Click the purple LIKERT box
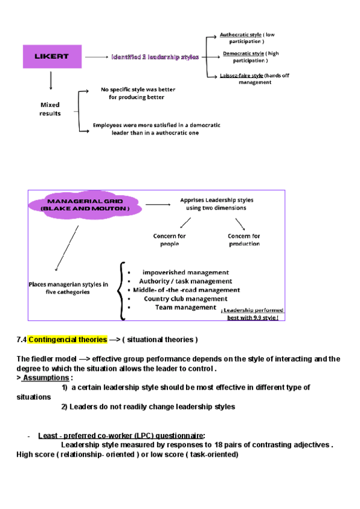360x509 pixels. tap(51, 56)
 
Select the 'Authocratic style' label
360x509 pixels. tap(241, 35)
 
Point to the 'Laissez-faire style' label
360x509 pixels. tap(242, 76)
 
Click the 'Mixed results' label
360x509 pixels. tap(50, 109)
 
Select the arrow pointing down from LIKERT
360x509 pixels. tap(50, 80)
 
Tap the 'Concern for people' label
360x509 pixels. tap(169, 240)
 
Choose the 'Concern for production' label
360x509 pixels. tap(244, 240)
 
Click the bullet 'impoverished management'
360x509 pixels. tap(185, 272)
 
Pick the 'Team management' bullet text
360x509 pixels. tap(185, 307)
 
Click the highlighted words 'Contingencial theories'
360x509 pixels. tap(67, 340)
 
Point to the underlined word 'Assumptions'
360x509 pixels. tap(46, 378)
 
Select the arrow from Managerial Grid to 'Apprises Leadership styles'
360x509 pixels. tap(158, 204)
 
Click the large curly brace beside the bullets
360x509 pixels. tap(122, 289)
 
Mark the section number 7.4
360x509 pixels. tap(22, 340)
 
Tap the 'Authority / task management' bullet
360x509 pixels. tap(185, 281)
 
